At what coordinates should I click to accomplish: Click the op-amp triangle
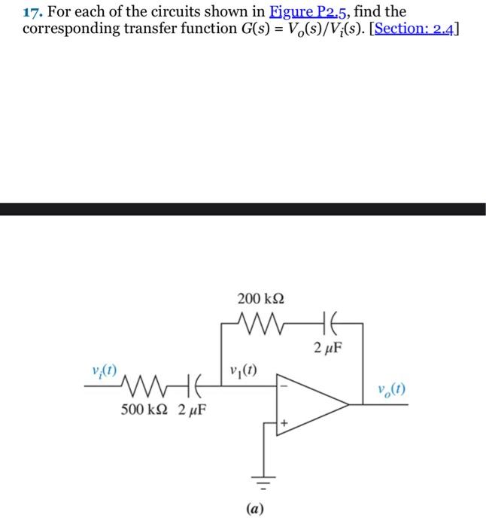click(308, 404)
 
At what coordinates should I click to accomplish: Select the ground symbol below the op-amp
click(264, 477)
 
